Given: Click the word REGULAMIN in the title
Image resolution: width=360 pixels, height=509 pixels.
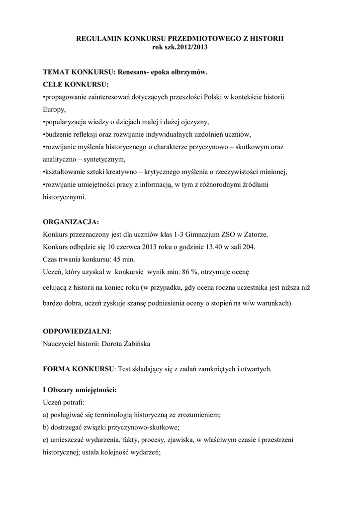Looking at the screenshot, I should [98, 38].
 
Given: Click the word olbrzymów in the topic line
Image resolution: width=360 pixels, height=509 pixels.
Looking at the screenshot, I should [189, 72].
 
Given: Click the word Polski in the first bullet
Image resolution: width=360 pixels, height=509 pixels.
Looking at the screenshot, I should [213, 96].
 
